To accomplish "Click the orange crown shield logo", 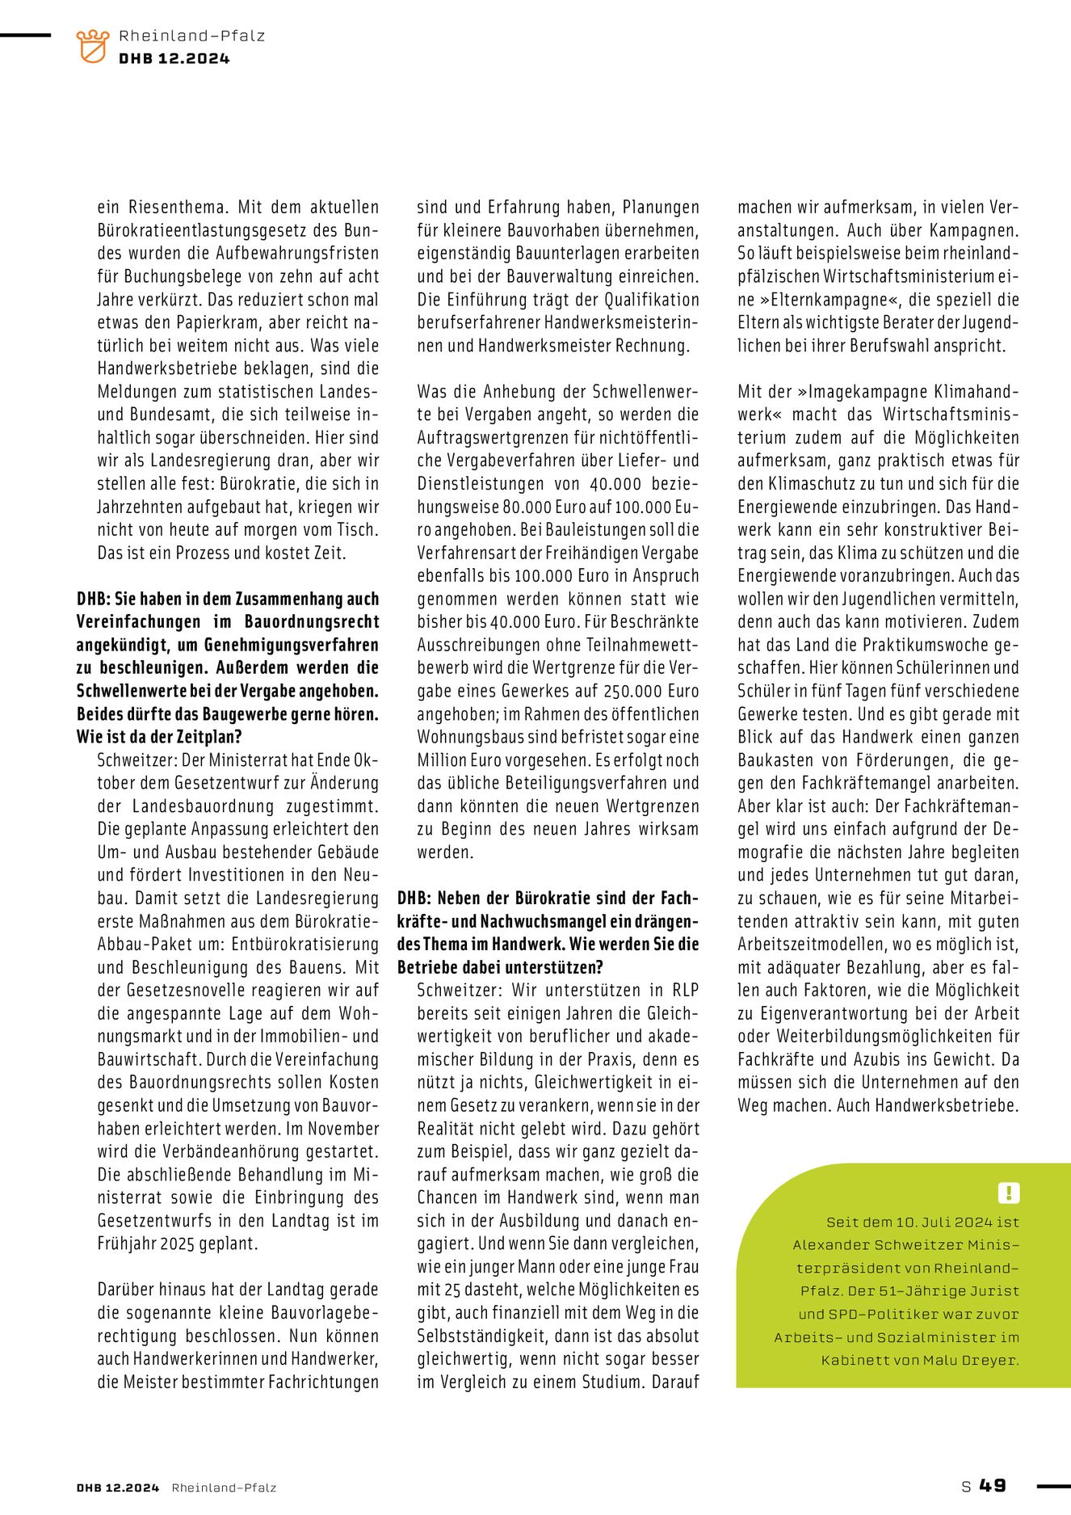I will (92, 46).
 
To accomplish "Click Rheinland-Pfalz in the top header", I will (191, 36).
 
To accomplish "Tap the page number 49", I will (993, 1485).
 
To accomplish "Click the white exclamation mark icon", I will (1009, 1193).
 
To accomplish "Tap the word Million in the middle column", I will (443, 760).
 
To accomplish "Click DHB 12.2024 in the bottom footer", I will (118, 1487).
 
